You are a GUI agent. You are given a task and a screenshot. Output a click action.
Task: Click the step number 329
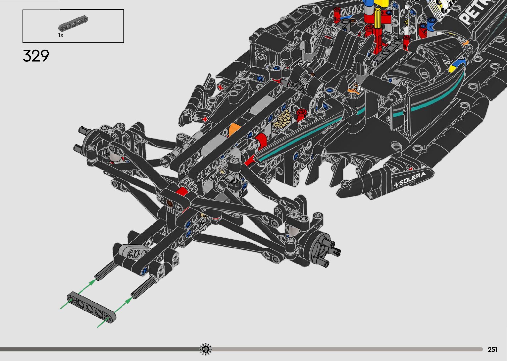36,56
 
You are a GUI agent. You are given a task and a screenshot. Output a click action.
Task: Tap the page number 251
492,349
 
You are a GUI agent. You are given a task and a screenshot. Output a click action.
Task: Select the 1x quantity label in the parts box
61,35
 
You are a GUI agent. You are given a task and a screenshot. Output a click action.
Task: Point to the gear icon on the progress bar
206,349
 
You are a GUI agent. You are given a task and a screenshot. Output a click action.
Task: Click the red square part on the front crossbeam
181,191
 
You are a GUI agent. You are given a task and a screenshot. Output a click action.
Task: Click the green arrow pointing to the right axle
125,303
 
